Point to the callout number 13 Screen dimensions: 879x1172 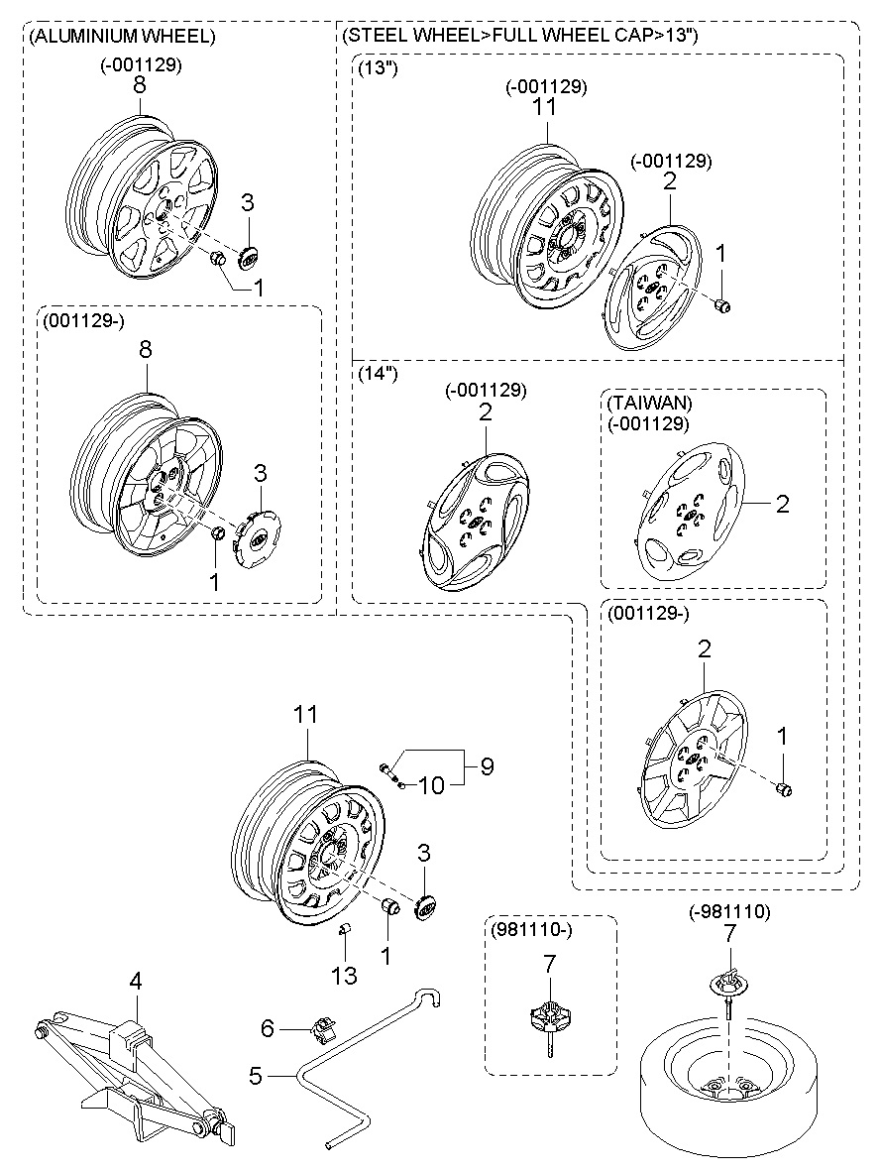(x=345, y=975)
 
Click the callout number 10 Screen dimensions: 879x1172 (x=431, y=785)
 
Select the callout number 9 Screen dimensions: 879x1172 (x=487, y=765)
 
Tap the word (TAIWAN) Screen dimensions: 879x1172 (x=650, y=403)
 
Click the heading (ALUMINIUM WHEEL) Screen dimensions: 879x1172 (x=122, y=35)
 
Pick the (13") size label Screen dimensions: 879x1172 (x=378, y=68)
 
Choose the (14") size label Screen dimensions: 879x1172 (x=378, y=373)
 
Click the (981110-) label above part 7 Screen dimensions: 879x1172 (x=531, y=931)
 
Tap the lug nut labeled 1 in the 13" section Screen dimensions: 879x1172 (x=722, y=305)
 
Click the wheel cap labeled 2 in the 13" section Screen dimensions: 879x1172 (x=654, y=289)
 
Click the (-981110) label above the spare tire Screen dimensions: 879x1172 (x=729, y=911)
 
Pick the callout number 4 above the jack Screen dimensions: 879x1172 (x=135, y=982)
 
